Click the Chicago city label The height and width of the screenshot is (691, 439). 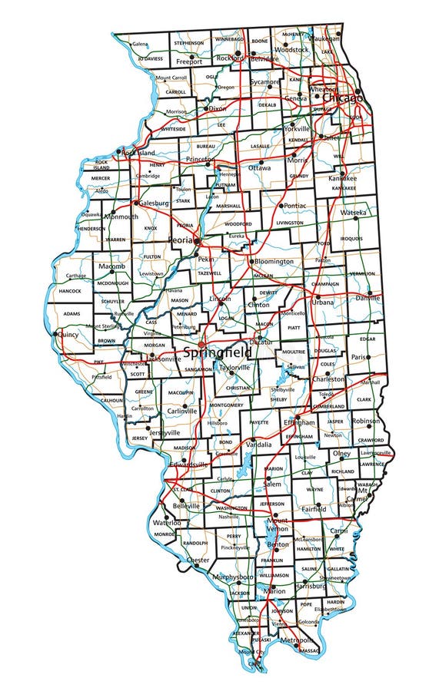342,98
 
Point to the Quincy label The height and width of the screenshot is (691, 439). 68,334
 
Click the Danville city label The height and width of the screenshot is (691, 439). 367,297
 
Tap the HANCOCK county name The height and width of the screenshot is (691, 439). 69,292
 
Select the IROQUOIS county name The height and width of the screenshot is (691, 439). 351,239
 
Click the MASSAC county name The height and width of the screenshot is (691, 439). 306,650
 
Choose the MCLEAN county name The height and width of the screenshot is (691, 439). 264,274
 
